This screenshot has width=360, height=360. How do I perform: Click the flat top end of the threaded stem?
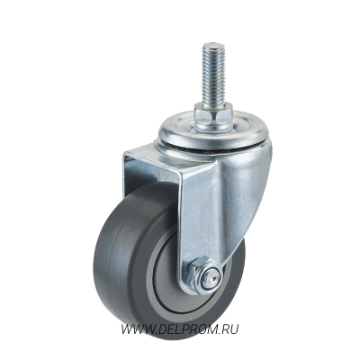(x=214, y=45)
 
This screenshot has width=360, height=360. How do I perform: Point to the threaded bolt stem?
(x=213, y=74)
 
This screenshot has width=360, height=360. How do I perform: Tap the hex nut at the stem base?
(x=213, y=112)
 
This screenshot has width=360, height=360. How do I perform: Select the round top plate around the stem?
(x=213, y=126)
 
